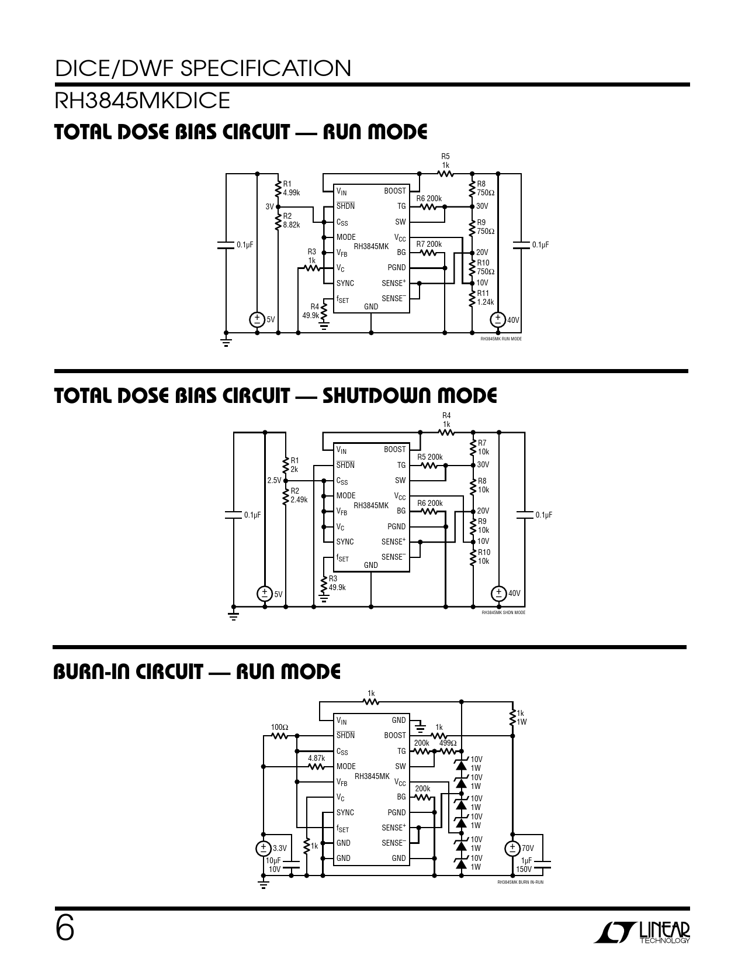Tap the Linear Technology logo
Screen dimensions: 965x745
point(642,933)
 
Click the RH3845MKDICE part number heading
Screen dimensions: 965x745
point(143,101)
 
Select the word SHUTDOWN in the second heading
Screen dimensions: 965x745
point(377,396)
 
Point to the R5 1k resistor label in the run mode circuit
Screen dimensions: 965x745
point(445,161)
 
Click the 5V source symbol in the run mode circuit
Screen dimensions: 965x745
point(257,319)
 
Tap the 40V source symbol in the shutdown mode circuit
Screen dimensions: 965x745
point(498,593)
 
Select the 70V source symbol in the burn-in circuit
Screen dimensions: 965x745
point(512,847)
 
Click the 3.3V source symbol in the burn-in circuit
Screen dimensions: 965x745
point(264,847)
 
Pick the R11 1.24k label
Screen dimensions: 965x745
point(486,298)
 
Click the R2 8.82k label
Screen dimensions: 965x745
point(291,220)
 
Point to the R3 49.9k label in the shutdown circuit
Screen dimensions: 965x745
point(337,583)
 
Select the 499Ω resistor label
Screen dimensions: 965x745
point(448,743)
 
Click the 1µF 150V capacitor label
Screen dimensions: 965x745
point(524,865)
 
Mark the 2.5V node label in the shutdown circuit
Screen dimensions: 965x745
point(273,480)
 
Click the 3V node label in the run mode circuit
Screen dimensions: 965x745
point(269,206)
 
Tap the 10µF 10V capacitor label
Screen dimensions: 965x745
point(273,865)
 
